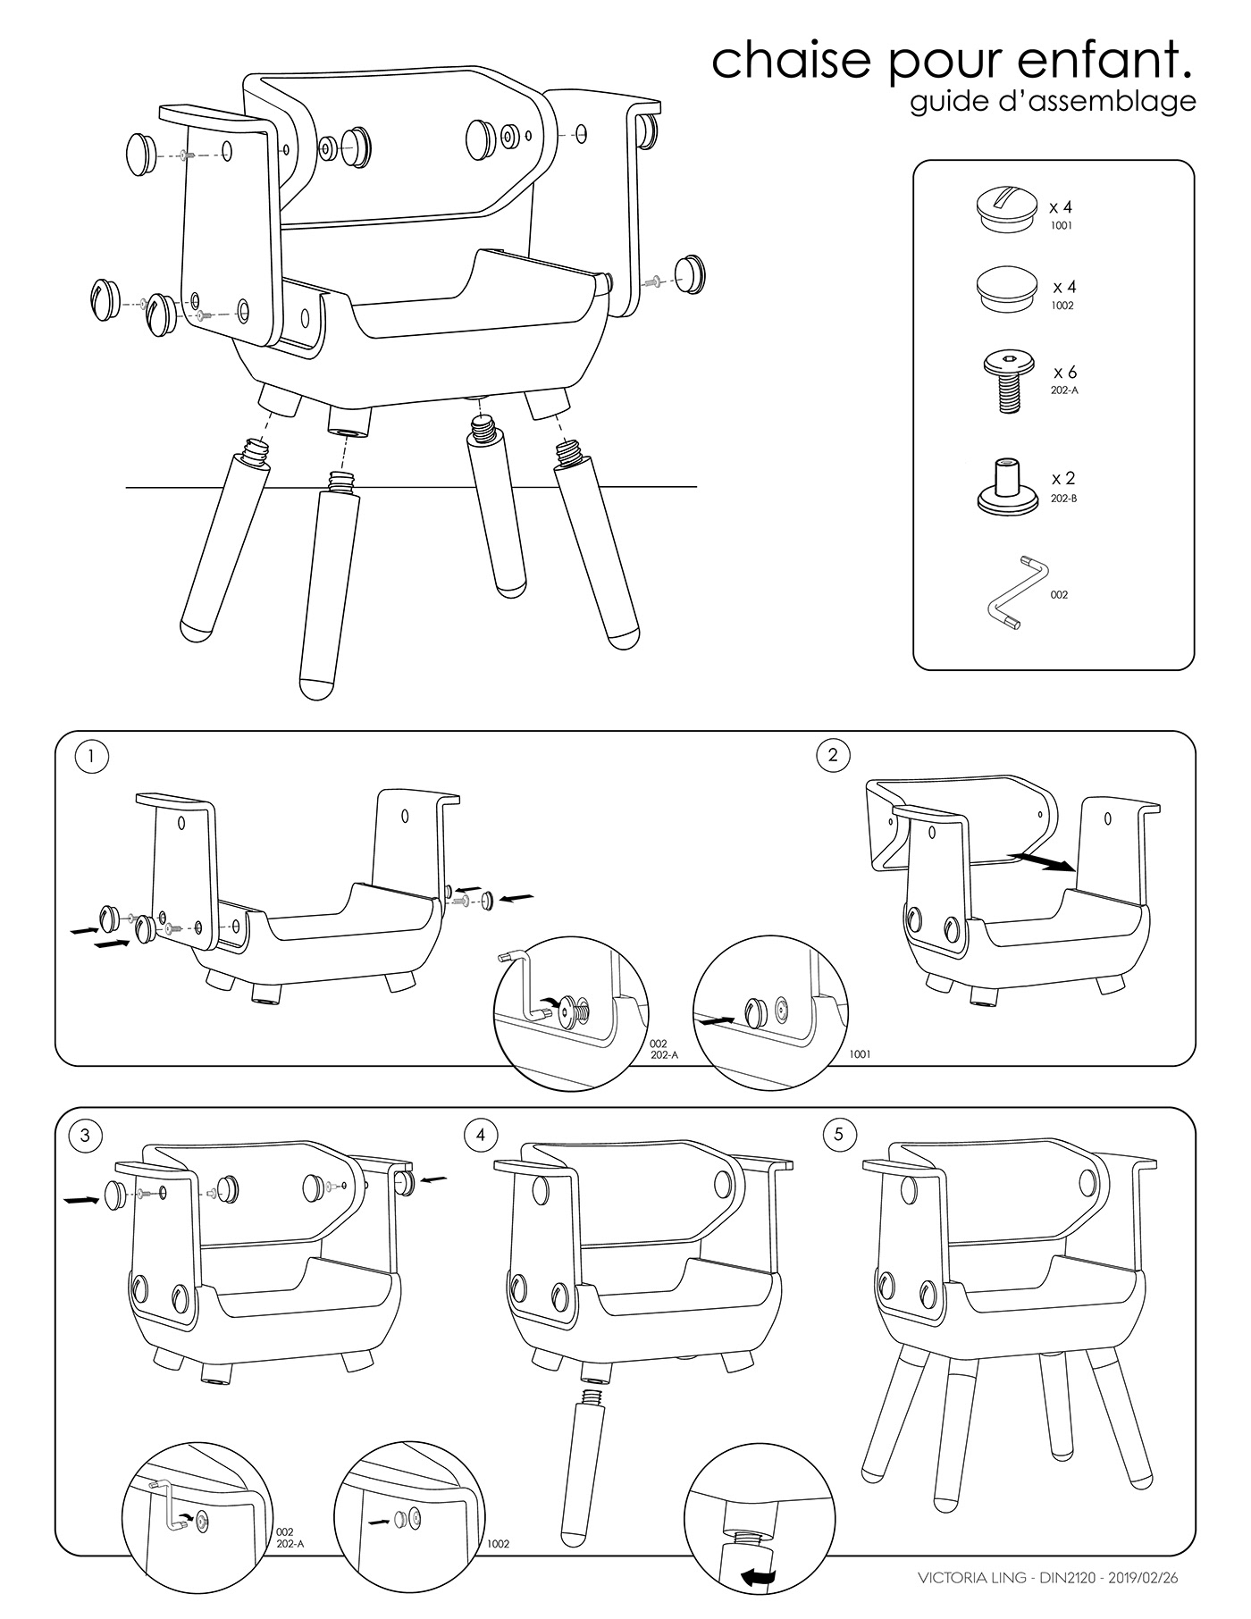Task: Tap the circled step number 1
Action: tap(92, 757)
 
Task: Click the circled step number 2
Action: tap(833, 756)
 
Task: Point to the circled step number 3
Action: tap(85, 1135)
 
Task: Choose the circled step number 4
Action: tap(481, 1135)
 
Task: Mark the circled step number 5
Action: tap(838, 1135)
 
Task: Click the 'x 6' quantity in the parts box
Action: tap(1064, 373)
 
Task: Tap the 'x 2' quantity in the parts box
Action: tap(1062, 479)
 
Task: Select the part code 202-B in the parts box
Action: tap(1063, 499)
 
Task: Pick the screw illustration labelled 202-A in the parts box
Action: tap(1007, 381)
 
